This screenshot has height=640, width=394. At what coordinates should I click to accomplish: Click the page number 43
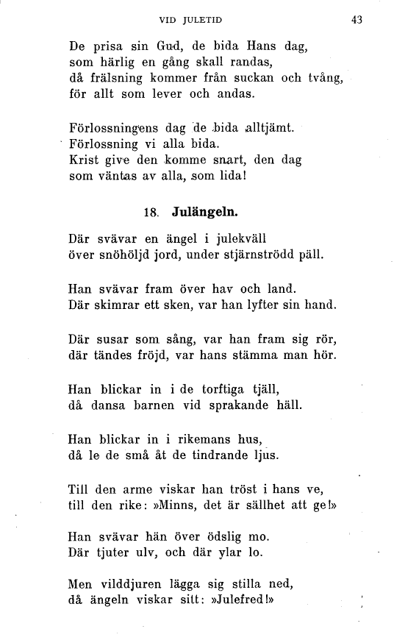coord(357,20)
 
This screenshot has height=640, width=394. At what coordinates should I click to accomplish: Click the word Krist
coord(82,159)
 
